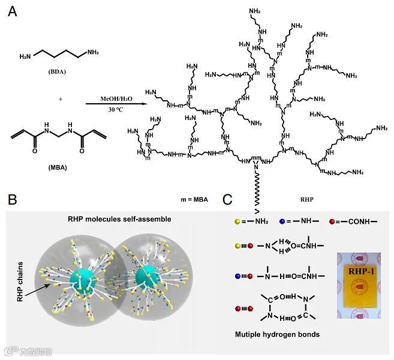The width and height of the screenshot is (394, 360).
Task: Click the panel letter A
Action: click(12, 12)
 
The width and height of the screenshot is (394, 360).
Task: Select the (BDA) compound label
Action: click(58, 71)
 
